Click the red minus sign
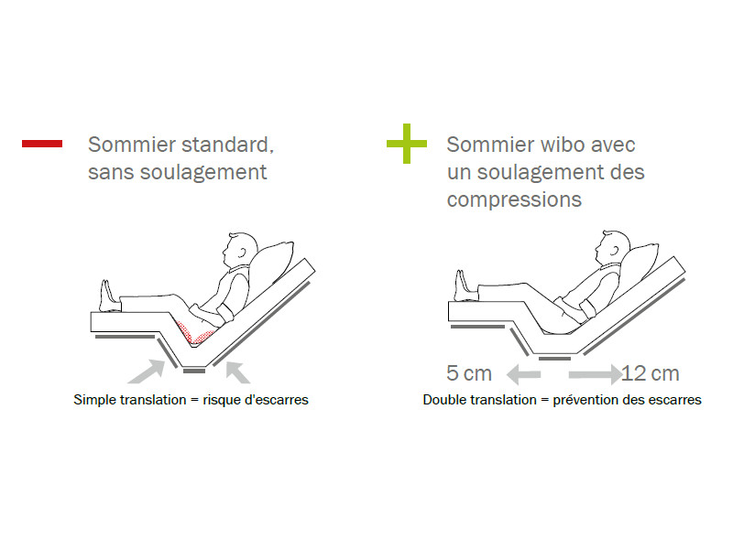[x=42, y=144]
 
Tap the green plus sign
[x=407, y=144]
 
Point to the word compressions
[x=514, y=200]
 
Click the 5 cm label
[x=469, y=373]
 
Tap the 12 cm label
[x=651, y=373]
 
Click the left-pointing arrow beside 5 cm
[x=523, y=374]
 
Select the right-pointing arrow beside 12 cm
[x=595, y=374]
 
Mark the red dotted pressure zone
[x=195, y=332]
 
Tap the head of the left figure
[x=240, y=250]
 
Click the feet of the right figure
[x=465, y=286]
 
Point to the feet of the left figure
[x=110, y=296]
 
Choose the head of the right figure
[x=613, y=248]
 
